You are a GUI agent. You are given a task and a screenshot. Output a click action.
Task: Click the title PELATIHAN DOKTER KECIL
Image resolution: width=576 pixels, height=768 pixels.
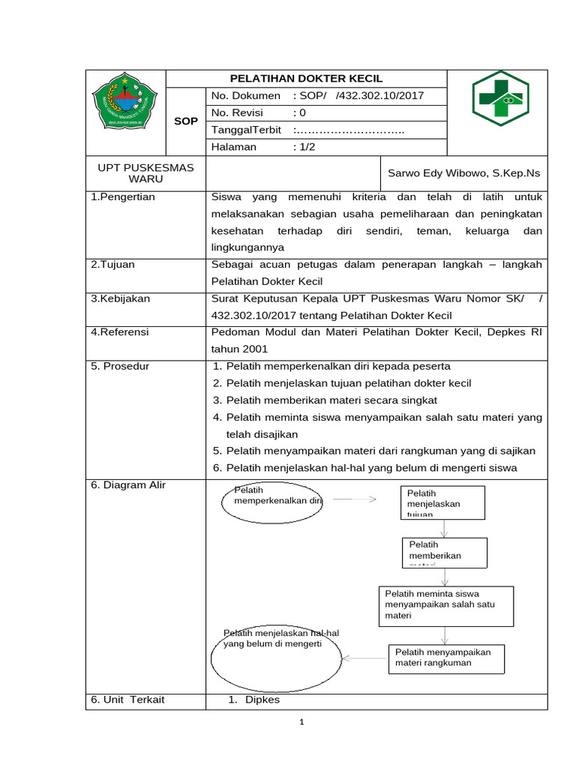click(306, 79)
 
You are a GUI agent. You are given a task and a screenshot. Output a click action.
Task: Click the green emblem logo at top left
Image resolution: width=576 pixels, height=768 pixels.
click(125, 100)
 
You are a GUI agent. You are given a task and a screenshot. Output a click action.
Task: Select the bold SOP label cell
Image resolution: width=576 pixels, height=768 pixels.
click(185, 121)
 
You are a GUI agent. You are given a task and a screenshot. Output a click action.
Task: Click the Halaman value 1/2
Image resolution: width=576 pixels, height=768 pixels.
click(305, 147)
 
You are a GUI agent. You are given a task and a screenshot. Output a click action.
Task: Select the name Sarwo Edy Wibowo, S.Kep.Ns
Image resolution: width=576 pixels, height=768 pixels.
click(463, 173)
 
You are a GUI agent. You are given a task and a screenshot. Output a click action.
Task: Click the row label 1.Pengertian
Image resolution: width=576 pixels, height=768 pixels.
click(123, 197)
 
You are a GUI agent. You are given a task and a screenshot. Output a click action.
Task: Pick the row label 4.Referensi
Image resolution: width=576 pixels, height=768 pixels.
click(120, 331)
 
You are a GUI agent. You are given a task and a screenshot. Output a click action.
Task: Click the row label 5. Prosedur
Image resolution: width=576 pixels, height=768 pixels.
click(120, 366)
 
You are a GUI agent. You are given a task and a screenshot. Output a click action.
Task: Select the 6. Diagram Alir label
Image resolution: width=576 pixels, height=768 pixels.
click(128, 485)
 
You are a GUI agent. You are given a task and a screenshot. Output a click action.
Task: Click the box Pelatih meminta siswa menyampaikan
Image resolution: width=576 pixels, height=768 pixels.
click(445, 605)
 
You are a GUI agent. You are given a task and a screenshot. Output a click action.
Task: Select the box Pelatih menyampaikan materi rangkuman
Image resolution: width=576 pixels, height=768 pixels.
click(446, 658)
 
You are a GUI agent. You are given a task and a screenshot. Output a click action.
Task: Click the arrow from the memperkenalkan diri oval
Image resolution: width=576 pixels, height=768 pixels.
click(354, 499)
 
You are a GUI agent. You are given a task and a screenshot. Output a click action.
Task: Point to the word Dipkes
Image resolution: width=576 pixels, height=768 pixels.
click(262, 700)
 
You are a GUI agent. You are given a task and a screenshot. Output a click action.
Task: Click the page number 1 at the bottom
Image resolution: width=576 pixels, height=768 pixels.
click(301, 722)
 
